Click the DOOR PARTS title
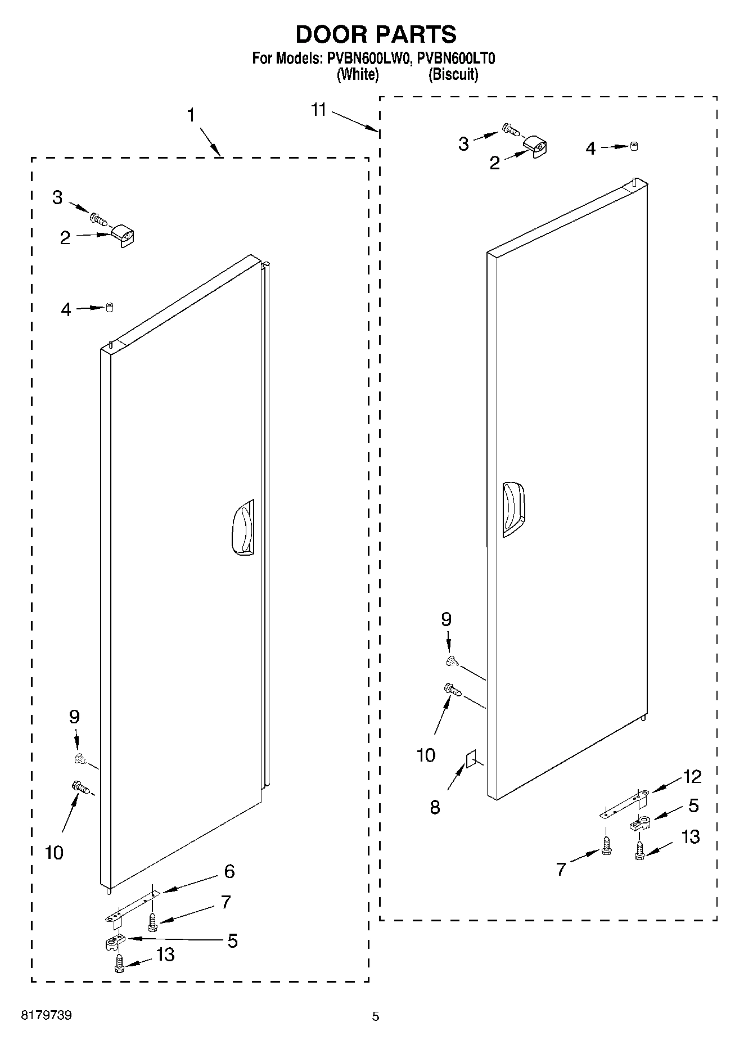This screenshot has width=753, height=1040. point(376,34)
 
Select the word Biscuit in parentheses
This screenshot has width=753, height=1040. point(453,74)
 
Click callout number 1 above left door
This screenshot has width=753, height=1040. point(191,116)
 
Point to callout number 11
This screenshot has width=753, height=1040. point(319,110)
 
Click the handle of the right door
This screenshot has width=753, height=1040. point(513,509)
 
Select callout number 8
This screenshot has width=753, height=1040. point(435,808)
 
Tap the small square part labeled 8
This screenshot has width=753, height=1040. point(471,760)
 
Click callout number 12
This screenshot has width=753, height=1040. point(693,777)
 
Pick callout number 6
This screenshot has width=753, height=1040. point(229,871)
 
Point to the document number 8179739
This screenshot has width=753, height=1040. point(46,1015)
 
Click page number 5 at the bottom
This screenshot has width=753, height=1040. point(376,1016)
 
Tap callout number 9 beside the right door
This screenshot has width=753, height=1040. point(446,619)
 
